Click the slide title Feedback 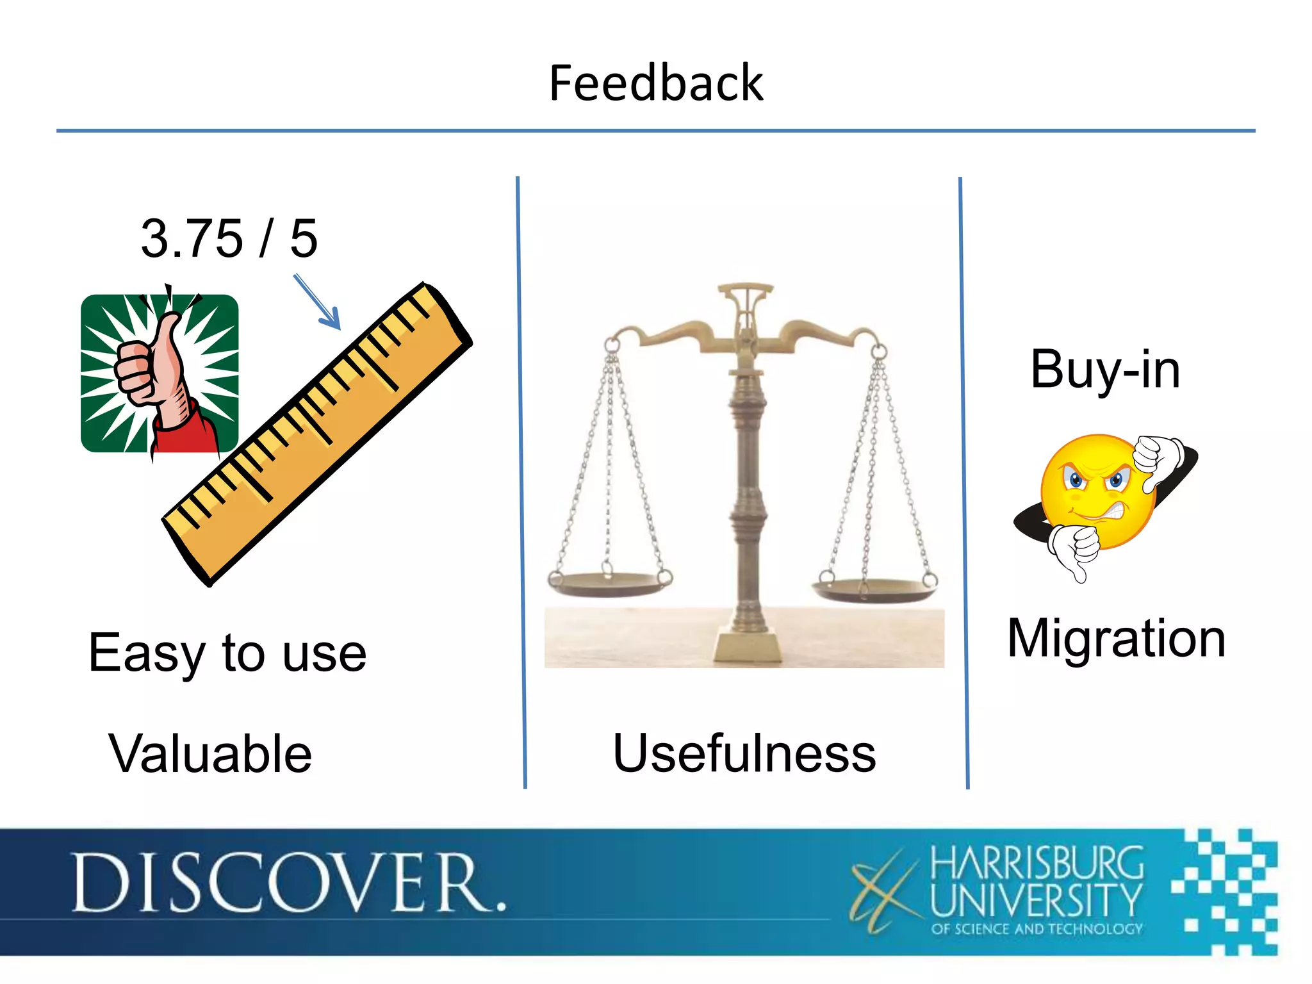pyautogui.click(x=656, y=83)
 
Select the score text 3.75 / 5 pyautogui.click(x=229, y=238)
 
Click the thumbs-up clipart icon pyautogui.click(x=160, y=373)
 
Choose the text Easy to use pyautogui.click(x=227, y=653)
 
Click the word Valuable pyautogui.click(x=210, y=753)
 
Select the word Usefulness pyautogui.click(x=744, y=753)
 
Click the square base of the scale pyautogui.click(x=748, y=646)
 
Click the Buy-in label pyautogui.click(x=1105, y=370)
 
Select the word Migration pyautogui.click(x=1116, y=639)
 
